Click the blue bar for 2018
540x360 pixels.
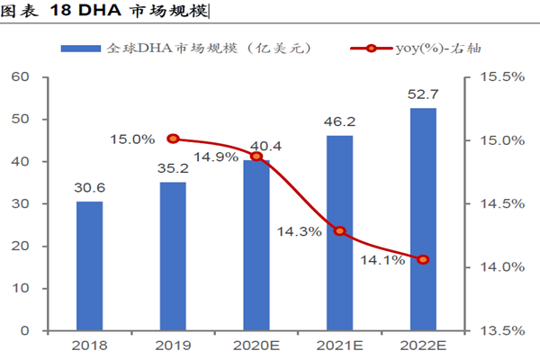pyautogui.click(x=89, y=265)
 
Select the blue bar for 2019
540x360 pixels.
pyautogui.click(x=173, y=256)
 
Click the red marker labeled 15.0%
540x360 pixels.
pyautogui.click(x=173, y=139)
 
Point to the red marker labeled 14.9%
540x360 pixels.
pyautogui.click(x=256, y=157)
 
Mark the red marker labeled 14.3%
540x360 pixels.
pyautogui.click(x=340, y=231)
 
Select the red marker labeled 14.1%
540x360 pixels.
pyautogui.click(x=423, y=259)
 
